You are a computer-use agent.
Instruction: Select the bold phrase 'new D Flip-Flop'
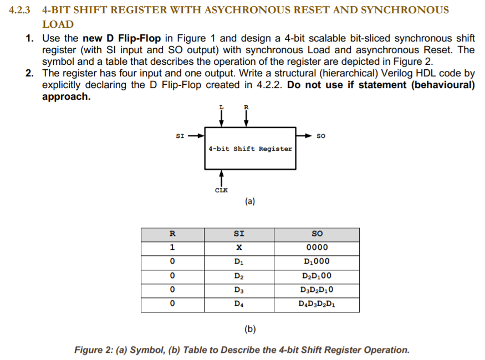(121, 38)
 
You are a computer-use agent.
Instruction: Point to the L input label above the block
(221, 106)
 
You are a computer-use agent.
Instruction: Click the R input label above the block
(246, 106)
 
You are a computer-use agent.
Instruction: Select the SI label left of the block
(180, 135)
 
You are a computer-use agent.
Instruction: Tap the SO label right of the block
(321, 135)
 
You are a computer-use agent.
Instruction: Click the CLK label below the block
(221, 190)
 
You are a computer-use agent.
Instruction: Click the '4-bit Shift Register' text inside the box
(250, 148)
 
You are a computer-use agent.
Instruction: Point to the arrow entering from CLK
(221, 177)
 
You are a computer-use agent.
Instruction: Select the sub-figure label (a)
(249, 202)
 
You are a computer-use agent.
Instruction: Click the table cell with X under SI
(238, 248)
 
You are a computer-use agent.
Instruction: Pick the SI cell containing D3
(238, 290)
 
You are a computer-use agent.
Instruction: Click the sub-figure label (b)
(249, 330)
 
